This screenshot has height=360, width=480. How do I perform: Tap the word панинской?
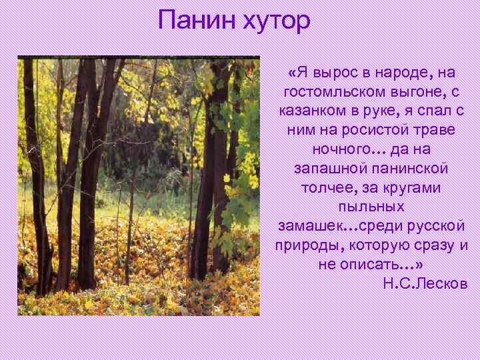coord(406,169)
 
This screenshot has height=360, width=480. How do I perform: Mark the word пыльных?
coord(371,207)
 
